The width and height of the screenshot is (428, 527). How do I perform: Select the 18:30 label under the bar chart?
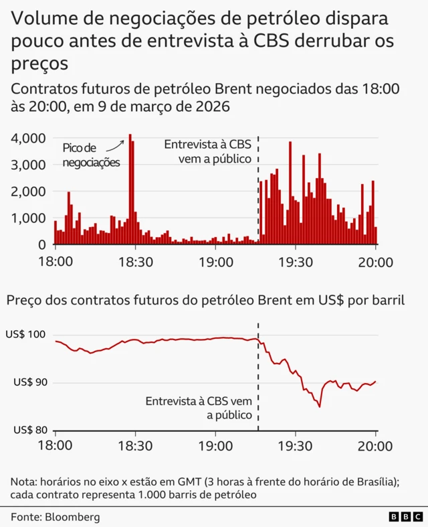(x=135, y=262)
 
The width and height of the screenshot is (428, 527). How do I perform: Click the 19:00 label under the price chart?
(x=215, y=445)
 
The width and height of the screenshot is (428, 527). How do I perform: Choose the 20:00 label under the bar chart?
(x=376, y=262)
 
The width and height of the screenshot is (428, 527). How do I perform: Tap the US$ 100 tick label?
(x=26, y=334)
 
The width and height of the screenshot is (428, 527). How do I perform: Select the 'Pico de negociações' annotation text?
(x=91, y=155)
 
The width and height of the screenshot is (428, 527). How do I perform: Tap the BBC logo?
(x=405, y=517)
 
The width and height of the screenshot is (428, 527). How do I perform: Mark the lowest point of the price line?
(x=320, y=406)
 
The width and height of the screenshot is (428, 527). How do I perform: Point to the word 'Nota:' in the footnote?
(x=24, y=481)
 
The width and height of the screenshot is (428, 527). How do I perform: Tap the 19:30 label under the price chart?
(x=296, y=445)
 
